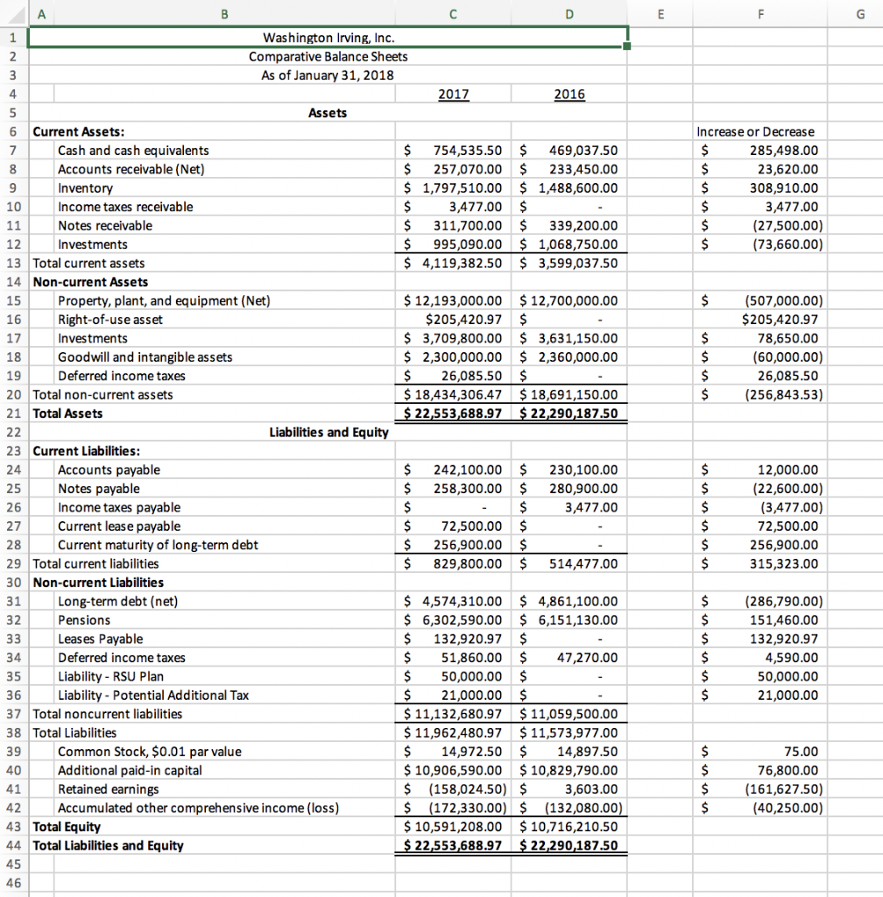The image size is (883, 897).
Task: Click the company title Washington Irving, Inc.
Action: click(328, 38)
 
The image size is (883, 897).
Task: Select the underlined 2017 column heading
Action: click(452, 95)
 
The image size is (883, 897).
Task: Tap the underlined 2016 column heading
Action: click(569, 95)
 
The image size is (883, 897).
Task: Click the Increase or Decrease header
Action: click(755, 131)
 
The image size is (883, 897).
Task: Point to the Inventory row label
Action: click(85, 188)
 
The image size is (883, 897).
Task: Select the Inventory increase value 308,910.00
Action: click(783, 188)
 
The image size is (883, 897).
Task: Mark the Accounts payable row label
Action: click(109, 470)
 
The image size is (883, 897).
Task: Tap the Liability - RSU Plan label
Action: click(110, 676)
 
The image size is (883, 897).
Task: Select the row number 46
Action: click(13, 883)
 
